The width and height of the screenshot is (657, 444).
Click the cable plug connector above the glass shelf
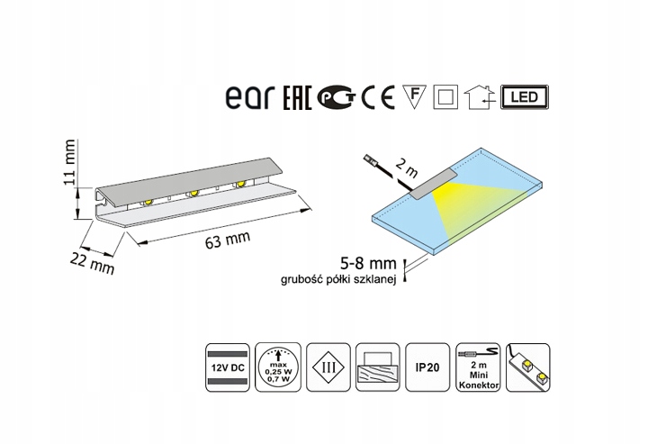point(372,161)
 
